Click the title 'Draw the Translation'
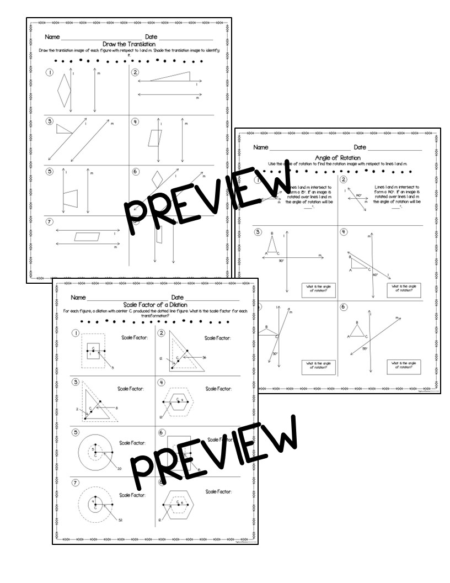pos(129,44)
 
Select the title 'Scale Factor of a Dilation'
pos(155,304)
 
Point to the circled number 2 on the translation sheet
pos(135,73)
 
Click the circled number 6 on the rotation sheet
pos(345,307)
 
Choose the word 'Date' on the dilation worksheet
pos(178,298)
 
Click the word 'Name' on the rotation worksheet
pos(260,148)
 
